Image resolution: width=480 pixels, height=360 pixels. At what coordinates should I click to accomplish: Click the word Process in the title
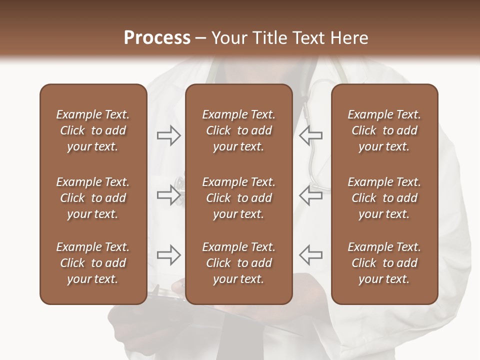(x=157, y=38)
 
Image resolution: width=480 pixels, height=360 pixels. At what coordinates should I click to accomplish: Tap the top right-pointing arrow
(x=168, y=135)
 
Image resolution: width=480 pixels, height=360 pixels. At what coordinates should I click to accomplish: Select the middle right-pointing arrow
(x=168, y=195)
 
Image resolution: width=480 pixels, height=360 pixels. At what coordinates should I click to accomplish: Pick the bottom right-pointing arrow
(x=168, y=255)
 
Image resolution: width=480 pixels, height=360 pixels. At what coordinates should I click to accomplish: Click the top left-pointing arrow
(x=310, y=135)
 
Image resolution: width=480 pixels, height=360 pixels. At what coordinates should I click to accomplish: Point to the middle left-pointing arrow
(x=310, y=195)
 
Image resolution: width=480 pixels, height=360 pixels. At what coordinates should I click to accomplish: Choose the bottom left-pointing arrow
(x=310, y=255)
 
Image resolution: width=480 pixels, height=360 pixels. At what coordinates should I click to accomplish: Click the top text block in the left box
(x=93, y=130)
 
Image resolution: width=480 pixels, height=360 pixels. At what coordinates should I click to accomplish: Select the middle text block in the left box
(x=93, y=198)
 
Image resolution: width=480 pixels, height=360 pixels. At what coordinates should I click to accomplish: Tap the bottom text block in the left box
(x=93, y=263)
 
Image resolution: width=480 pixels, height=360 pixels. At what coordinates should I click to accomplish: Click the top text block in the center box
(x=238, y=130)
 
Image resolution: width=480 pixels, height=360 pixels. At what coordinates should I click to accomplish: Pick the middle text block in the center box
(x=238, y=198)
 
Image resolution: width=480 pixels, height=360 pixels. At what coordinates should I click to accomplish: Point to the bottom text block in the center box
(x=238, y=263)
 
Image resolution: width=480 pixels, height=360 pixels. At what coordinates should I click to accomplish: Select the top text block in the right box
(x=384, y=130)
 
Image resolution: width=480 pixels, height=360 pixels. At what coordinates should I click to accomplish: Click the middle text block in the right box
(x=384, y=198)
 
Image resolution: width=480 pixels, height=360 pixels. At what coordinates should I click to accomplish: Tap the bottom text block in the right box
(x=384, y=263)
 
